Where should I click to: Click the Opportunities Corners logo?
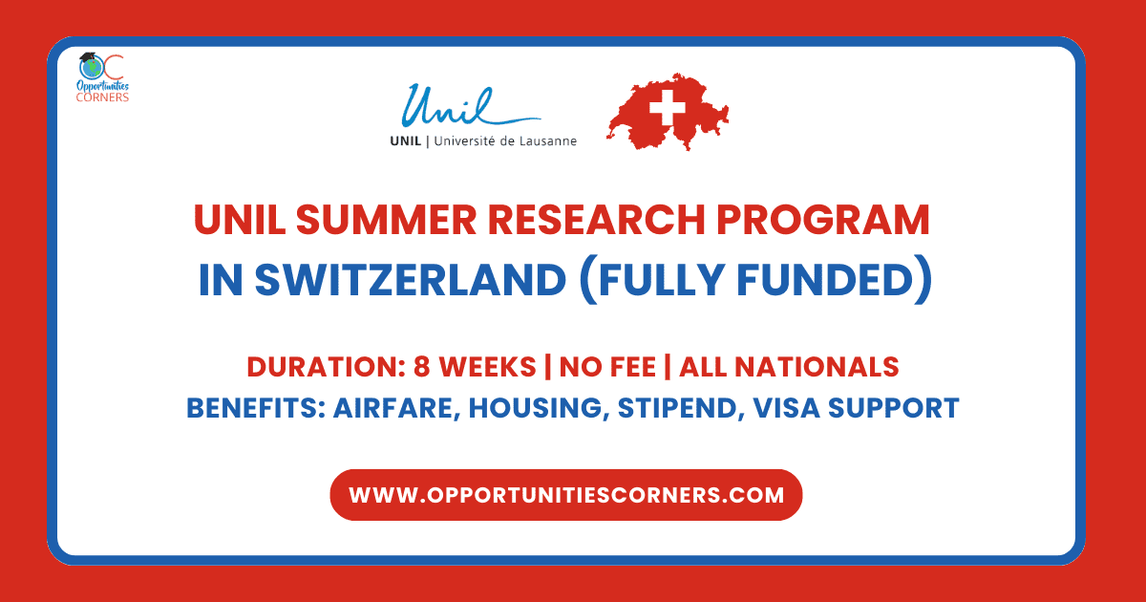point(102,77)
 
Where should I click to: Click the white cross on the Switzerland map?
point(668,107)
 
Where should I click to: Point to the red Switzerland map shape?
point(668,112)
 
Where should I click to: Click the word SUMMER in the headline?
point(386,220)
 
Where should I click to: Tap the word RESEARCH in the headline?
point(596,220)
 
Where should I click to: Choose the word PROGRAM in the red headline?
point(822,220)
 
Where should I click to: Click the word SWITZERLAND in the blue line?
point(411,279)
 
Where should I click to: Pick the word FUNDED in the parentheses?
point(825,279)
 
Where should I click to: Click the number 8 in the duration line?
point(421,367)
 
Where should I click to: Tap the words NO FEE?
point(607,367)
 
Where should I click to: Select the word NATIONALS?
point(817,367)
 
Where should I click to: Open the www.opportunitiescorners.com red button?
point(565,495)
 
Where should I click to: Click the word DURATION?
point(326,367)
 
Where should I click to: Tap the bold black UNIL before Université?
point(406,140)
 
